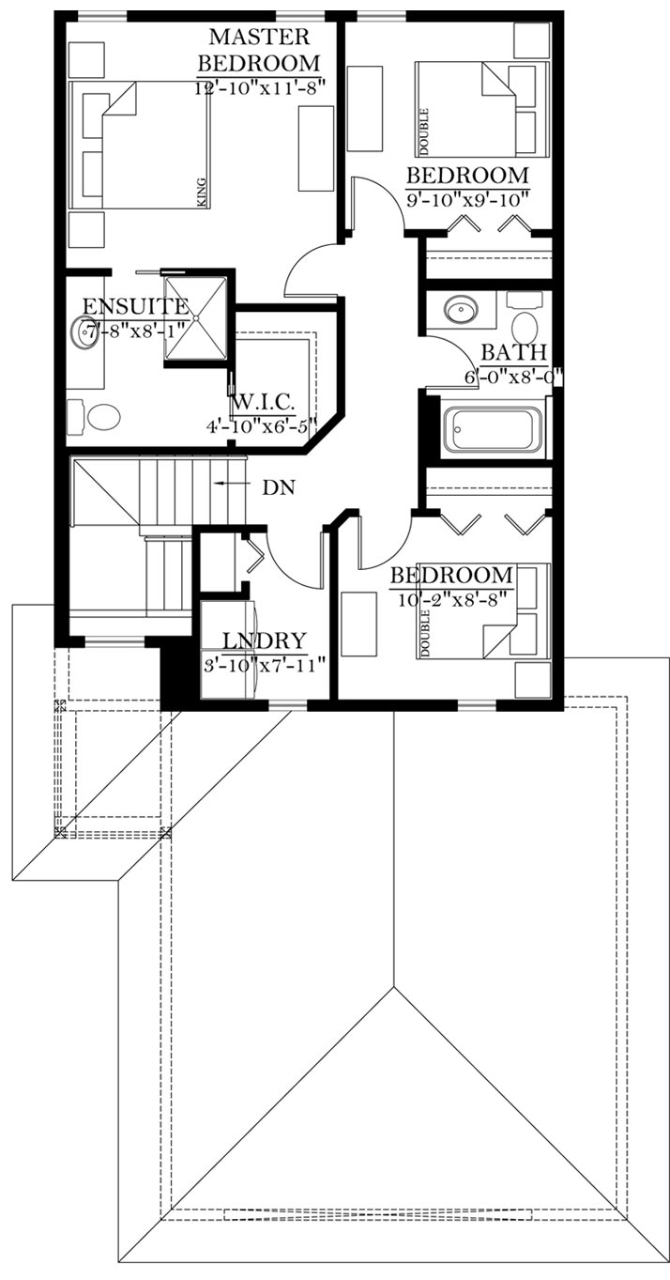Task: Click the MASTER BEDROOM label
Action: (259, 49)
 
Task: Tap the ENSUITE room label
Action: (136, 307)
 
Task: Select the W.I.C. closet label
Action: (264, 403)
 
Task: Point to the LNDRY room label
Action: (264, 641)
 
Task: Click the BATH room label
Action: (514, 352)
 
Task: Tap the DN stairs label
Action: (279, 487)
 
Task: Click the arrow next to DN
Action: (232, 484)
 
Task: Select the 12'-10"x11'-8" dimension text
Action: (259, 88)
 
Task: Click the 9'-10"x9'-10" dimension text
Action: (466, 200)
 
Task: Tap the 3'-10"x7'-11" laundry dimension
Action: (265, 666)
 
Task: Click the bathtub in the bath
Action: (493, 430)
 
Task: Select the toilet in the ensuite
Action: (94, 417)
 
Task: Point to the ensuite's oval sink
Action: (84, 333)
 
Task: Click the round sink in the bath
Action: (462, 311)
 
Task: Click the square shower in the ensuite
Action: (196, 317)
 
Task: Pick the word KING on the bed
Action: (200, 193)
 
